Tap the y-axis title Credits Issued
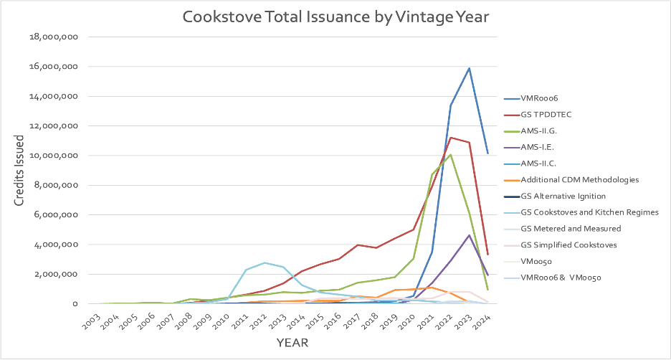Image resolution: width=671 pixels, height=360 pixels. click(21, 171)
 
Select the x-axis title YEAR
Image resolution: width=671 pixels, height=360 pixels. click(292, 343)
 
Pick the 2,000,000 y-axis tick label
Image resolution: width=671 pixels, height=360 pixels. click(57, 274)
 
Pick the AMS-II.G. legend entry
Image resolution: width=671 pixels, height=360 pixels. click(544, 131)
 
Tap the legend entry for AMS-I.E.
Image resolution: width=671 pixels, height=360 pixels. click(542, 146)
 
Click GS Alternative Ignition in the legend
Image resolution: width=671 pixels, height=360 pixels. click(563, 196)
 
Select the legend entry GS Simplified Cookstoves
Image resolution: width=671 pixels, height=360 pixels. click(569, 245)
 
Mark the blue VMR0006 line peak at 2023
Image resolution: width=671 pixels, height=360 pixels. click(469, 68)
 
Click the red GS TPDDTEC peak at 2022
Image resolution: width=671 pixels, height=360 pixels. click(450, 137)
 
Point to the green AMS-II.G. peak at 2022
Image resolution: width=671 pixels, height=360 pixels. click(450, 154)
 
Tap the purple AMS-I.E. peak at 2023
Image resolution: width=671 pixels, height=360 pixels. click(469, 235)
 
